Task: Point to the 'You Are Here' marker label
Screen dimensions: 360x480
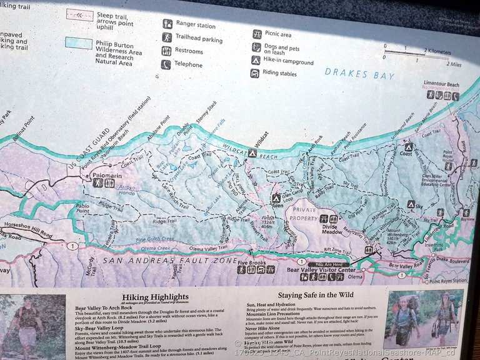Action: (x=329, y=264)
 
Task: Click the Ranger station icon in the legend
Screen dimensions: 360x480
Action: (x=167, y=23)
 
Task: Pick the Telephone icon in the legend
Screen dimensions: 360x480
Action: (x=166, y=64)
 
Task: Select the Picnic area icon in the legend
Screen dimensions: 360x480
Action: (x=257, y=34)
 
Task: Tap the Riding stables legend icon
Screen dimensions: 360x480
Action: (x=255, y=73)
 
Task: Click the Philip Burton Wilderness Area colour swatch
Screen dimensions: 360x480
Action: (x=78, y=42)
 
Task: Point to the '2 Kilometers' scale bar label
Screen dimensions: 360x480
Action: (x=437, y=51)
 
